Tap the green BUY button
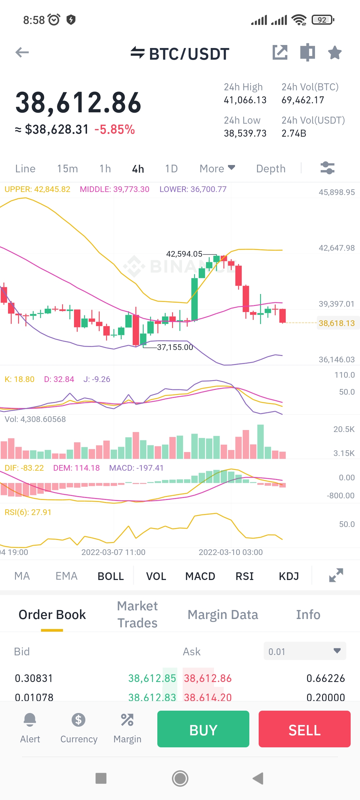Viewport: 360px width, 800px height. (x=203, y=729)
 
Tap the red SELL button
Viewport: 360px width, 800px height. (x=304, y=729)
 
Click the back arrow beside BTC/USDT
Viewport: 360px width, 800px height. (x=22, y=52)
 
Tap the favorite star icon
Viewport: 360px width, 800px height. (x=335, y=53)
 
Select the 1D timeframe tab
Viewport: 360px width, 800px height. (x=171, y=169)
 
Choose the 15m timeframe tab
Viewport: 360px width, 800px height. (x=67, y=169)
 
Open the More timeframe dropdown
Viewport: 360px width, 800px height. (x=217, y=169)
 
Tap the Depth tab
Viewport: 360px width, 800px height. (x=271, y=169)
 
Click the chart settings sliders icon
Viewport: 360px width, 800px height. (x=327, y=168)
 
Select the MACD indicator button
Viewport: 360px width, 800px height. (x=200, y=576)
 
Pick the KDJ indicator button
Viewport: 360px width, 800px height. (x=289, y=576)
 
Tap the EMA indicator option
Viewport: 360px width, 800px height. (x=66, y=576)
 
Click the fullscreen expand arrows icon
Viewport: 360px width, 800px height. (x=336, y=575)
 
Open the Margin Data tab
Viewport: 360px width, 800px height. (x=223, y=615)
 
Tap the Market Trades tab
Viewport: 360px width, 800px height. (x=137, y=614)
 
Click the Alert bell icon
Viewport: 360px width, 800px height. (x=30, y=720)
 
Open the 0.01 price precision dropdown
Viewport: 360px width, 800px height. (x=305, y=651)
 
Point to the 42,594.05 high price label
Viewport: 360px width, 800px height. (x=184, y=254)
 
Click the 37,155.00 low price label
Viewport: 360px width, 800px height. (x=175, y=347)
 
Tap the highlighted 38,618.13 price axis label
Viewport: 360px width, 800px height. (x=337, y=323)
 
